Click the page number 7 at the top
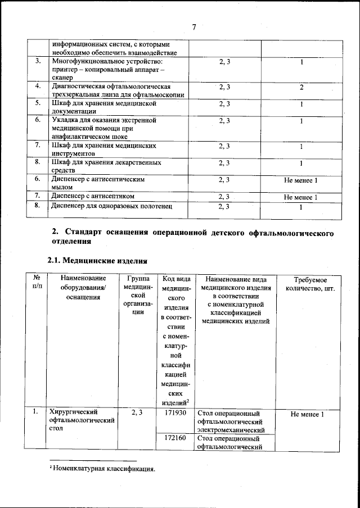pos(193,28)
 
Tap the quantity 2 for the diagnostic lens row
pos(301,87)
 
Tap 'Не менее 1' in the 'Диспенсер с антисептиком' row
pos(301,197)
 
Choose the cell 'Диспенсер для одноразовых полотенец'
pos(111,206)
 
